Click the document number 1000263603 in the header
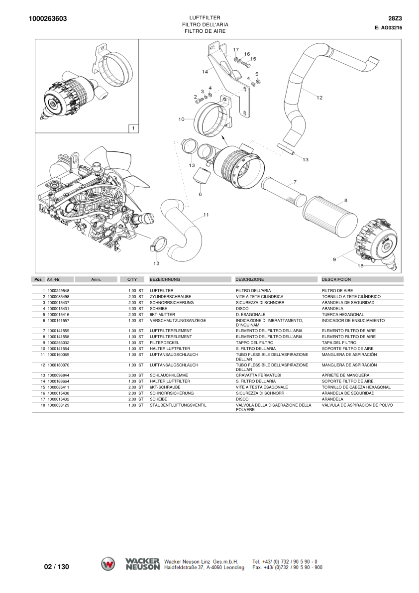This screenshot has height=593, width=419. (48, 19)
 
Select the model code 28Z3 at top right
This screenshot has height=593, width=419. (395, 18)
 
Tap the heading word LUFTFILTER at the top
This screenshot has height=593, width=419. (205, 17)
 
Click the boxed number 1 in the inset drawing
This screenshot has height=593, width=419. (132, 128)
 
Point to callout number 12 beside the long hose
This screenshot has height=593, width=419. (319, 98)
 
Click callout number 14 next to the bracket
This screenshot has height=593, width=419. (205, 72)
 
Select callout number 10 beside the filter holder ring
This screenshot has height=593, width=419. (181, 119)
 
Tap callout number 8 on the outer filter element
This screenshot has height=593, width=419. (345, 201)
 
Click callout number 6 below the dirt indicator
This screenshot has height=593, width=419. (200, 194)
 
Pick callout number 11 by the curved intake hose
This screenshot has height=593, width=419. (206, 215)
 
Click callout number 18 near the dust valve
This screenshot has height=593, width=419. (361, 265)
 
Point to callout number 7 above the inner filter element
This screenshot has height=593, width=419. (295, 182)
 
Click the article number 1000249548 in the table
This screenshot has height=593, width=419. (58, 290)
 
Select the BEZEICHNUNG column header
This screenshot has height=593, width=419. (165, 280)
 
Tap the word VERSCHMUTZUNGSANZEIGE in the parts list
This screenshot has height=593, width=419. (178, 321)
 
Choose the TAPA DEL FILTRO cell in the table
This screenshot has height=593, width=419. (339, 343)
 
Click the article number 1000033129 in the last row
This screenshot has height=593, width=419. (58, 405)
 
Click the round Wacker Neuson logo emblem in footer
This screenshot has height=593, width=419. (108, 564)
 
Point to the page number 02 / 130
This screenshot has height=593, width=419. (57, 567)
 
